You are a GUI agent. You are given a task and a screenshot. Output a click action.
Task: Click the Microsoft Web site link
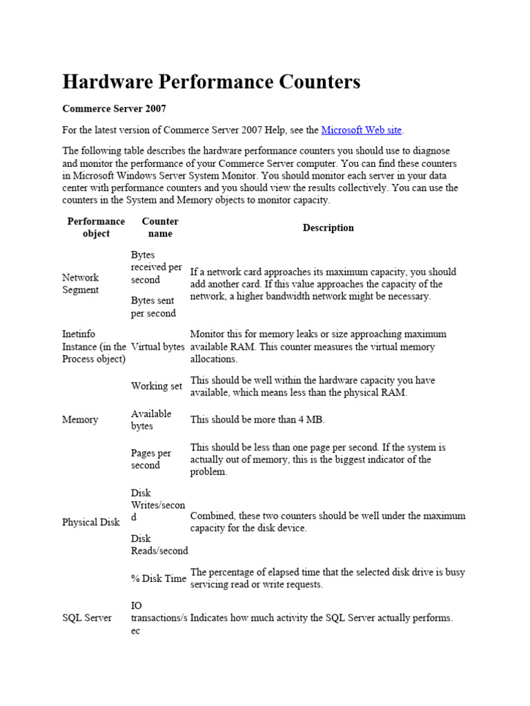point(362,130)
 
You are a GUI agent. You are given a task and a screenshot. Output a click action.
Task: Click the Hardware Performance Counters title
point(211,82)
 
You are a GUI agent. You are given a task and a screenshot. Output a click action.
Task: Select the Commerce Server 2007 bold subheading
point(114,109)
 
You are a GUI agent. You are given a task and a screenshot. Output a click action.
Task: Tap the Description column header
point(328,228)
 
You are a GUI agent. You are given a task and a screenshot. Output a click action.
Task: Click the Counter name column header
point(160,228)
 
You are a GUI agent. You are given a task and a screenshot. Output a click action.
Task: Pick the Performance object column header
point(96,228)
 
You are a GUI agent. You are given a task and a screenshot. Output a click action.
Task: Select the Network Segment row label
point(81,283)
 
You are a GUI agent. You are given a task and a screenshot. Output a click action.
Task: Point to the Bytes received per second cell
point(157,268)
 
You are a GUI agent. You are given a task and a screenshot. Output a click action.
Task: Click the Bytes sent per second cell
point(153,307)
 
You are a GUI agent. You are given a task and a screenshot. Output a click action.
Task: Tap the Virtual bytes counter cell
point(158,347)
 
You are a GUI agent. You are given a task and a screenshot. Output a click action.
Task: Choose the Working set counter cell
point(157,386)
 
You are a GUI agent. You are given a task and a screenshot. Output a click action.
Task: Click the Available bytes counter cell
point(151,420)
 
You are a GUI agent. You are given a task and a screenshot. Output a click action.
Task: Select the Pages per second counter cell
point(151,459)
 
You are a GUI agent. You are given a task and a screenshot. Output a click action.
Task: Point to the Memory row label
point(80,420)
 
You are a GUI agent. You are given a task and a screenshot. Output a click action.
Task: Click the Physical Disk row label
point(91,522)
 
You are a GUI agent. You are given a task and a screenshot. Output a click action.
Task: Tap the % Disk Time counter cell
point(159,578)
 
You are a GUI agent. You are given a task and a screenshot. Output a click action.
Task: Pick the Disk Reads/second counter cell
point(159,545)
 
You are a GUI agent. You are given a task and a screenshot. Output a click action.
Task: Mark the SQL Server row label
point(87,618)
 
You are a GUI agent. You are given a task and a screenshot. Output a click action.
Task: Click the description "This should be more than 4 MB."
point(257,420)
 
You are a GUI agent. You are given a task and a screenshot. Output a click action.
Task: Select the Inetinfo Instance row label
point(94,347)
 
